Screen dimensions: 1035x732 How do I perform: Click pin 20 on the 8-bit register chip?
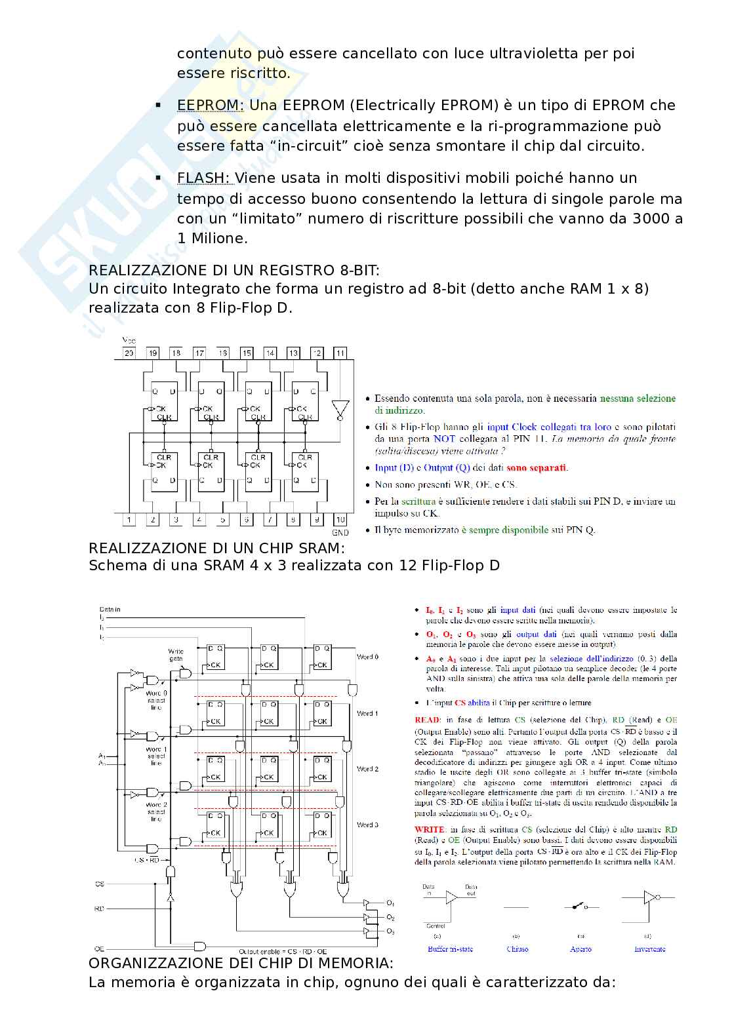[x=129, y=353]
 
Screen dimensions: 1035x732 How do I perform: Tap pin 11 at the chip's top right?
[x=340, y=353]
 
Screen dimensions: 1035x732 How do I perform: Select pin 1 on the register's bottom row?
[x=129, y=520]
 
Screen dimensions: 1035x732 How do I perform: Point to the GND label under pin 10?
[x=340, y=532]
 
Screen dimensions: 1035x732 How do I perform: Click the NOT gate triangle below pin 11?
[x=339, y=410]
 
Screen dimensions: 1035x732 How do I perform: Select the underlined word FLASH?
[x=203, y=178]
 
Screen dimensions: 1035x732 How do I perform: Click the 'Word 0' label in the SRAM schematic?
[x=367, y=657]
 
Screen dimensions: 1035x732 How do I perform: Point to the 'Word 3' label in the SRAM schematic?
[x=367, y=825]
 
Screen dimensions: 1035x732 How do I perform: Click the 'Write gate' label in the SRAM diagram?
[x=176, y=655]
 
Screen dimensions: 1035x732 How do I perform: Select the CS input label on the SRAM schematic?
[x=100, y=884]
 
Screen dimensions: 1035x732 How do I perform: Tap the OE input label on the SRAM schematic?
[x=100, y=948]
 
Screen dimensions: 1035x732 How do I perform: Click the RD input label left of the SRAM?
[x=100, y=909]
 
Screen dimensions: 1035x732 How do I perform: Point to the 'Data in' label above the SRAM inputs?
[x=110, y=609]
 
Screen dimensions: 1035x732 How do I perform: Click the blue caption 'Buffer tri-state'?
[x=450, y=948]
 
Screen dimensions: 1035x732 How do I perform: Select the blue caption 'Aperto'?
[x=580, y=948]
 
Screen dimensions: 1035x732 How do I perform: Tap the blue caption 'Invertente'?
[x=649, y=948]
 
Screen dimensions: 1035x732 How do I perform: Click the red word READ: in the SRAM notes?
[x=428, y=720]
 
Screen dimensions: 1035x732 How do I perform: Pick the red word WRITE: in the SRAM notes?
[x=430, y=829]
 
